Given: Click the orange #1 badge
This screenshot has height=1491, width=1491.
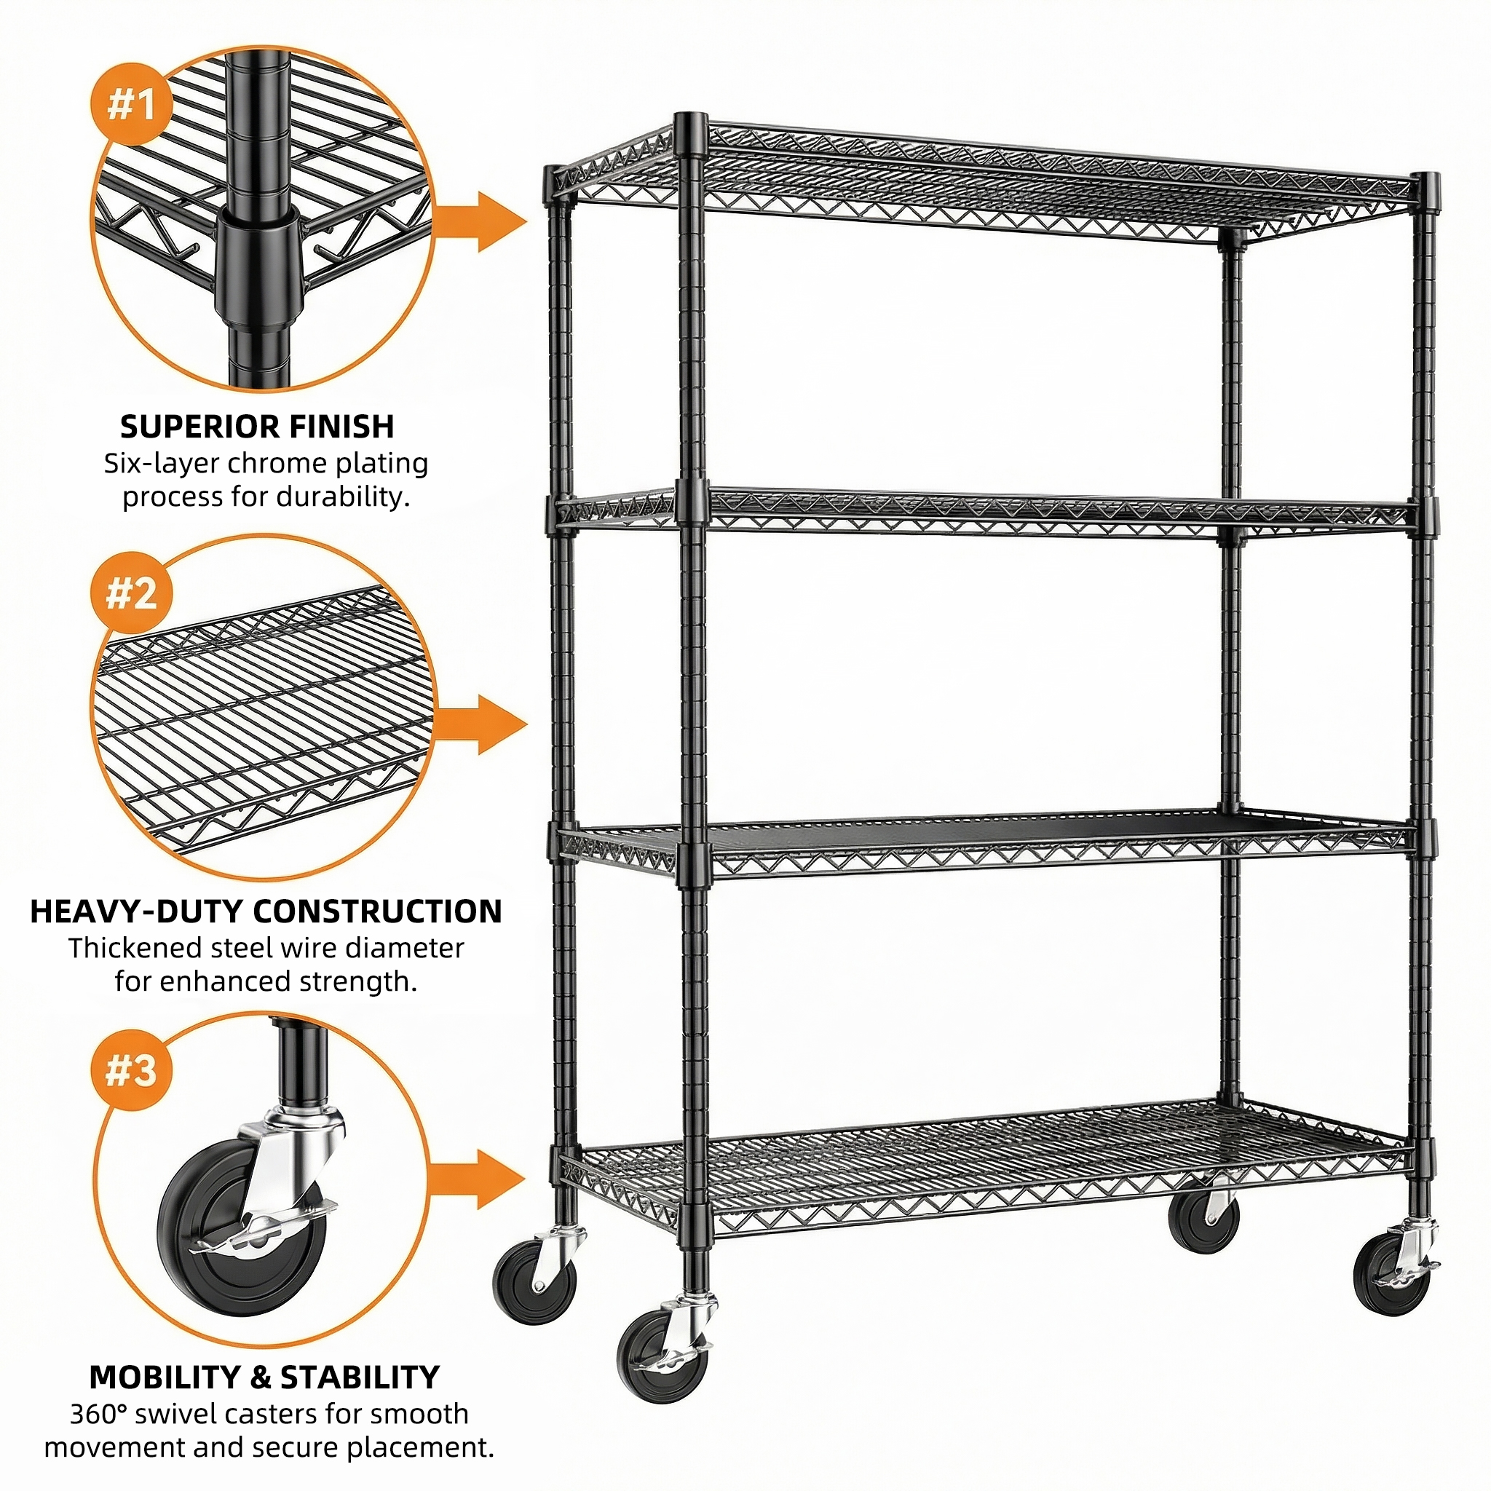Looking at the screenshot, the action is pyautogui.click(x=130, y=106).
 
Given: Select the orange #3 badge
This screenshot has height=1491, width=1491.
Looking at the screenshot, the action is pyautogui.click(x=130, y=1071).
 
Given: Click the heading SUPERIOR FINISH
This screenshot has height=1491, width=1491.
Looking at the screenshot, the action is pyautogui.click(x=257, y=427).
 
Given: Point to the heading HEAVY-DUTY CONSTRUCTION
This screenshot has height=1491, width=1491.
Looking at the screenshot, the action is pyautogui.click(x=266, y=911).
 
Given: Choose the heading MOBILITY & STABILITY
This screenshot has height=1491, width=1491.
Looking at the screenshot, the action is pyautogui.click(x=264, y=1377).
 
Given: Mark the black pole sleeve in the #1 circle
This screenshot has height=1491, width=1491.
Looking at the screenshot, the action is pyautogui.click(x=258, y=266).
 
